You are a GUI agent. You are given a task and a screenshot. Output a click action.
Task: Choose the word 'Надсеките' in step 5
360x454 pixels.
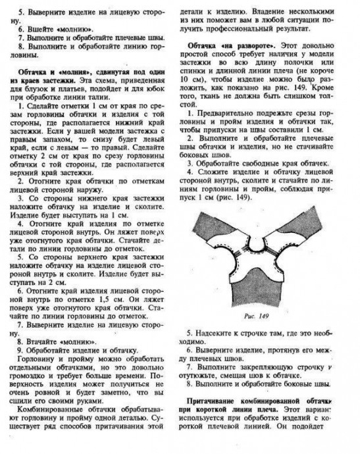click(x=215, y=333)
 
